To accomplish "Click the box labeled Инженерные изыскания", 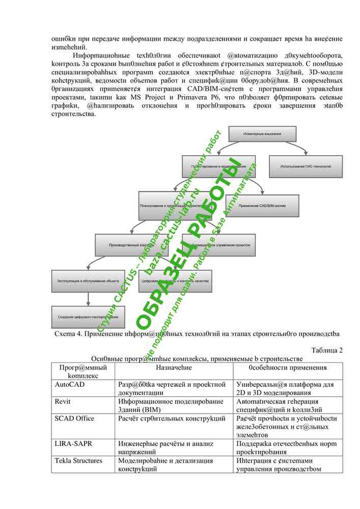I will (262, 134).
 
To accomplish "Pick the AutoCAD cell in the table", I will (70, 385).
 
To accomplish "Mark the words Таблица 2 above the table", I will (326, 350).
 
